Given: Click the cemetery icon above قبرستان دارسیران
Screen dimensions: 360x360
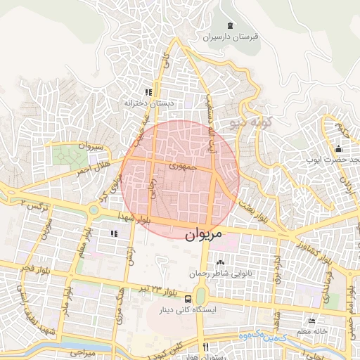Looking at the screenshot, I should click(231, 25).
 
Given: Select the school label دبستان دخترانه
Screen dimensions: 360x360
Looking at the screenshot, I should click(148, 103).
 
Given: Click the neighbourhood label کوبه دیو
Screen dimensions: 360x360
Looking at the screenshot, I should click(251, 122).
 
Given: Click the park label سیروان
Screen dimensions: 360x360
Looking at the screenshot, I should click(91, 146).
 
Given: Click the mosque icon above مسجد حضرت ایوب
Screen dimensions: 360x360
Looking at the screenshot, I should click(338, 148).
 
